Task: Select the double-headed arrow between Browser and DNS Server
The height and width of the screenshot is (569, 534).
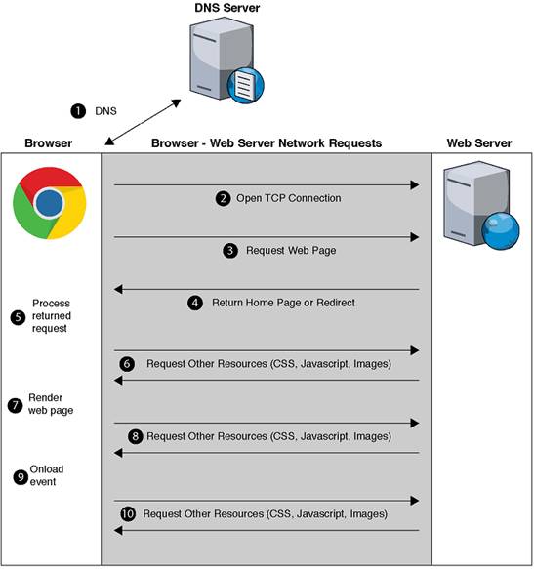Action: tap(143, 120)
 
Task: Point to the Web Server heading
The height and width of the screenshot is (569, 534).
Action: tap(478, 143)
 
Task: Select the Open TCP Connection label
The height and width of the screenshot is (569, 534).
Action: tap(289, 198)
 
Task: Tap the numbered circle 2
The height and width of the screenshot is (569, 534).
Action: tap(223, 198)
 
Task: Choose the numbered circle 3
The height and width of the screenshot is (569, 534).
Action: tap(230, 250)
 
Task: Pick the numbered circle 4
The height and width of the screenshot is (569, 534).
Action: tap(195, 303)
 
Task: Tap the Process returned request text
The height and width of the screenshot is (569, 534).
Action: tap(51, 316)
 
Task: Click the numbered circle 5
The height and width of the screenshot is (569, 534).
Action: tap(17, 316)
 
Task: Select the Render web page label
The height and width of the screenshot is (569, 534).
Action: tap(51, 404)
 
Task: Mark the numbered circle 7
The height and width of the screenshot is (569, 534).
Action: tap(15, 404)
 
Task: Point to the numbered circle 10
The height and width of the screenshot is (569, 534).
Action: tap(129, 513)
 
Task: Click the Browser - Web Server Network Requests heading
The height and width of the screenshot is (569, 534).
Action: tap(267, 143)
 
